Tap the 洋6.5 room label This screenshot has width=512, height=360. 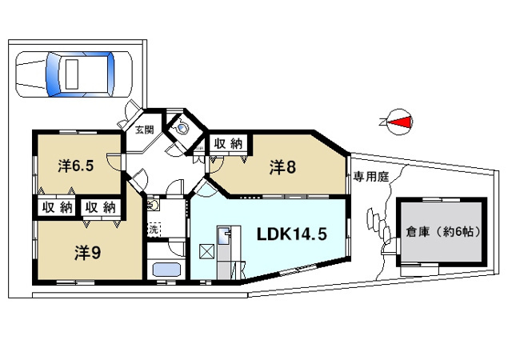[77, 166]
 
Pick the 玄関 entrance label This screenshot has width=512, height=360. [144, 129]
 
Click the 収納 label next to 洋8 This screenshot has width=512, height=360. [227, 144]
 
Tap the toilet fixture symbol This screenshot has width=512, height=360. [183, 126]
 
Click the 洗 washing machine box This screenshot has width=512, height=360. [154, 230]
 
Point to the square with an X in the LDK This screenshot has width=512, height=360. [206, 252]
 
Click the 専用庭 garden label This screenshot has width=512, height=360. [368, 178]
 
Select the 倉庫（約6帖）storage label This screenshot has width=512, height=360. [442, 232]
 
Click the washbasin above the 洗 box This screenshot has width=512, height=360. [154, 205]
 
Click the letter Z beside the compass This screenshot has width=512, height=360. [382, 122]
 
